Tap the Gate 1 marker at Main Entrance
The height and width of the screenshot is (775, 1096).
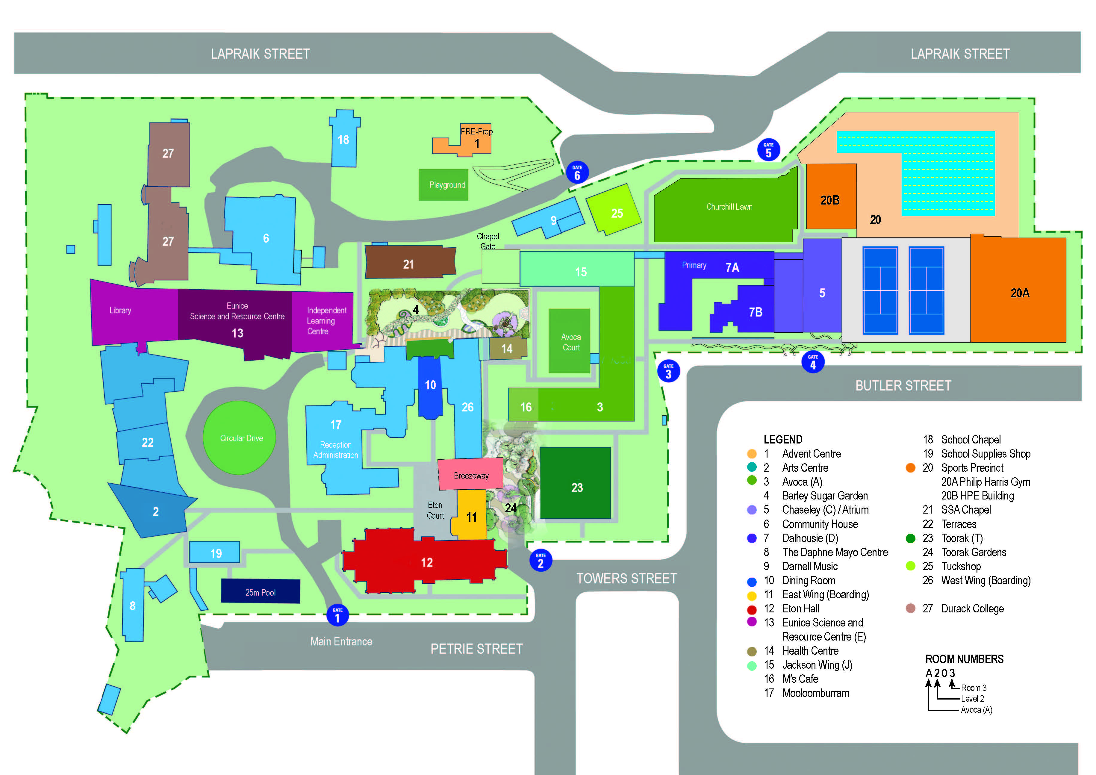[x=337, y=615]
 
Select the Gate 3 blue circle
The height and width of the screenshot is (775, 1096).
[x=668, y=371]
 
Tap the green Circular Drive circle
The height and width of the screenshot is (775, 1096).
[x=240, y=438]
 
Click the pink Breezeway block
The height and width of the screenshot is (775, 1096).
[x=471, y=475]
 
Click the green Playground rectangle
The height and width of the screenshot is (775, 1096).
[x=444, y=185]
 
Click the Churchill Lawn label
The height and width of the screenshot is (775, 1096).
[x=729, y=207]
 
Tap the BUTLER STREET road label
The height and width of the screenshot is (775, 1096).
[x=903, y=386]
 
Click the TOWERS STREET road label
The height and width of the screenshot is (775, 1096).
[x=626, y=578]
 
